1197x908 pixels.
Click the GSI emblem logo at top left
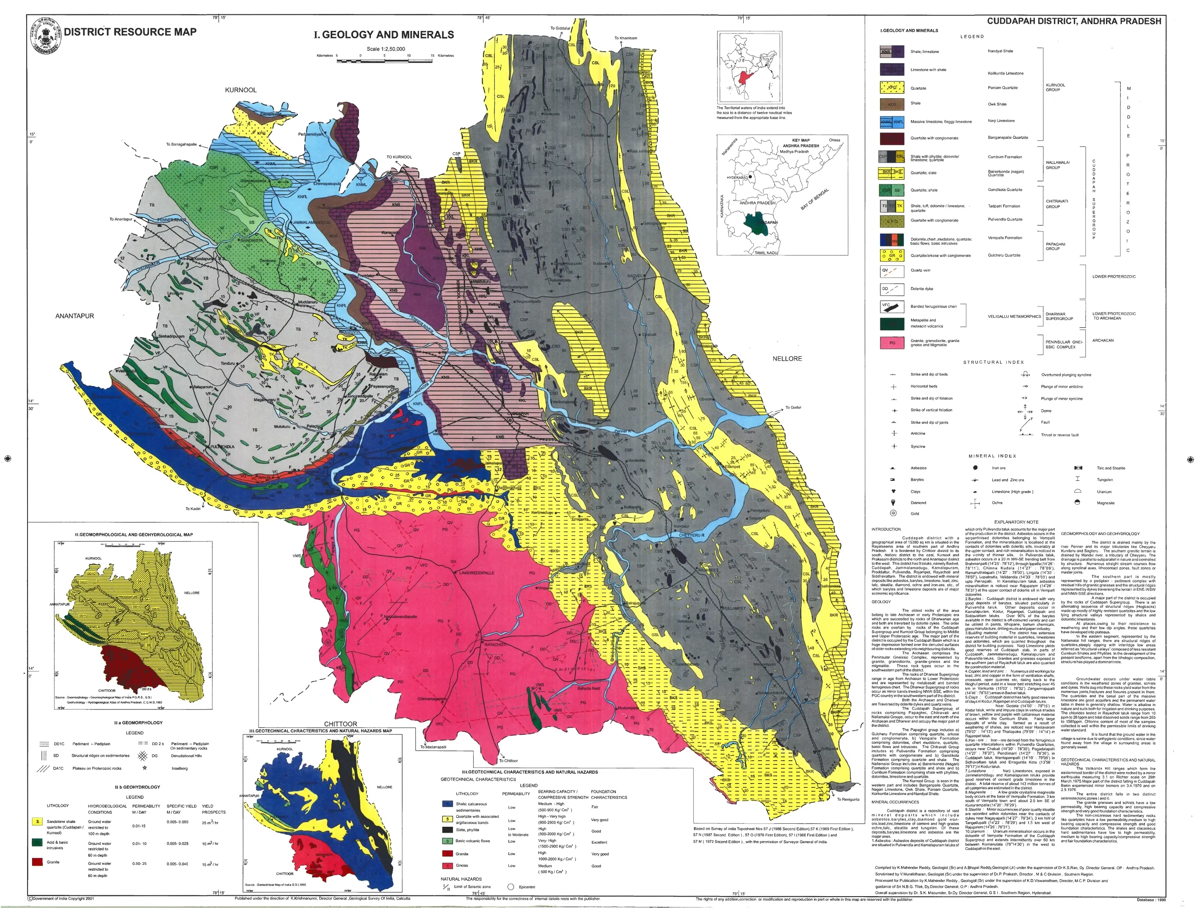click(44, 35)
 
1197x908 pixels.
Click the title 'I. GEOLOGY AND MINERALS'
click(383, 35)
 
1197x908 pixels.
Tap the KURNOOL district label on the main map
click(240, 90)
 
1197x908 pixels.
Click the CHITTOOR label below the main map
click(340, 724)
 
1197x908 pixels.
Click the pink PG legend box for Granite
click(892, 342)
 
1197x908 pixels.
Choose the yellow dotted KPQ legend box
click(892, 88)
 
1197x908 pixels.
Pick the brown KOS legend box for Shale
click(892, 104)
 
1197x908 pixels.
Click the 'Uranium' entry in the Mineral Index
click(1104, 492)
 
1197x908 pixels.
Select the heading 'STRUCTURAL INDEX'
click(993, 362)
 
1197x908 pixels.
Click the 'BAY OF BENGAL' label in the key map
click(815, 199)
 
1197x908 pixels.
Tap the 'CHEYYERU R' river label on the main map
click(692, 535)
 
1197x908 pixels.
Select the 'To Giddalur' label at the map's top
click(561, 28)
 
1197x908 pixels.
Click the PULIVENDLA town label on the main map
click(222, 447)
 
